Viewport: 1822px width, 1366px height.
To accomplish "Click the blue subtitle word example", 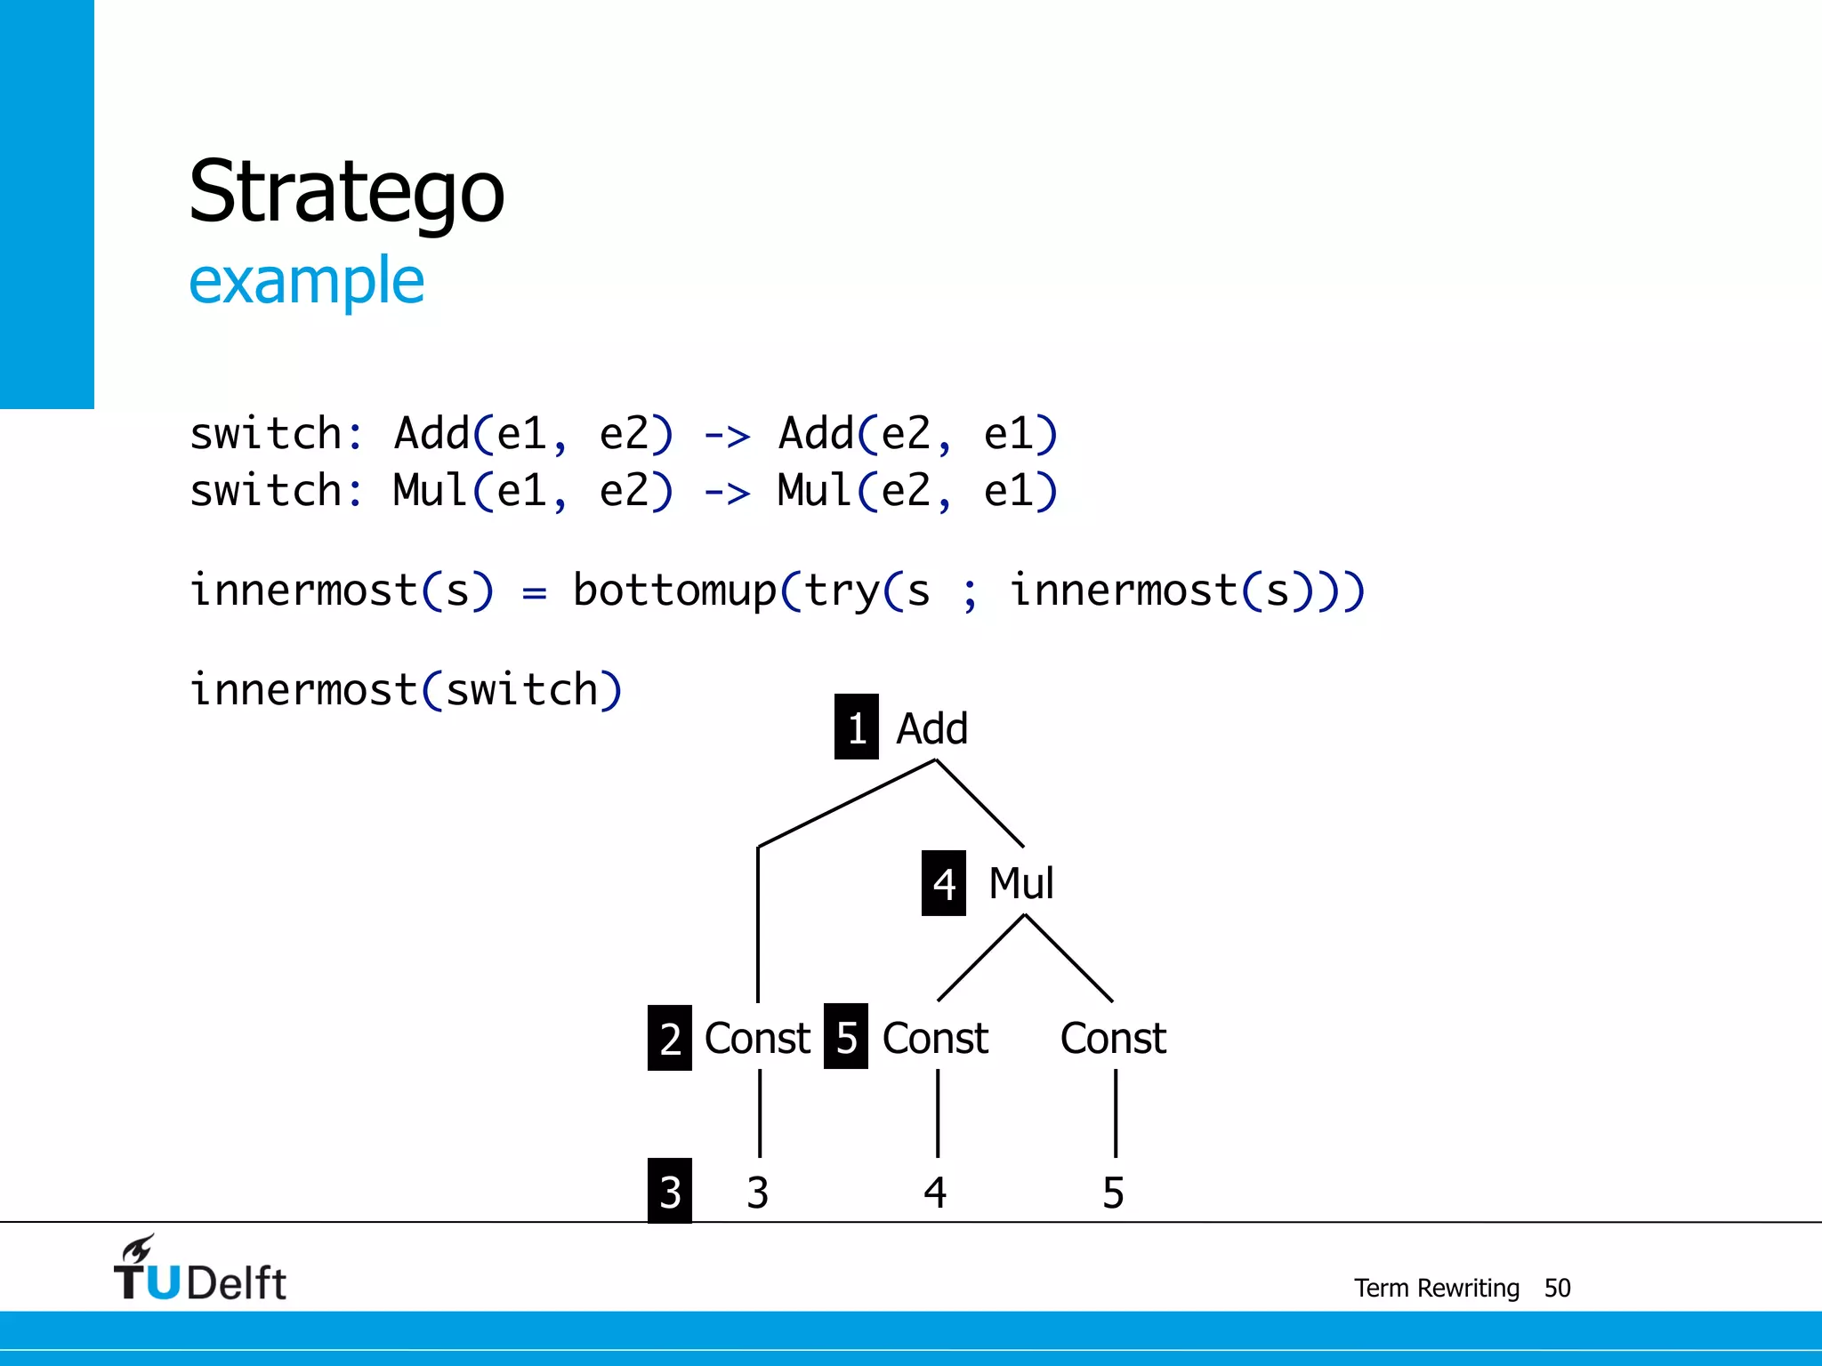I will [306, 281].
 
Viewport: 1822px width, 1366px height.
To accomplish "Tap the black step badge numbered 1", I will [856, 727].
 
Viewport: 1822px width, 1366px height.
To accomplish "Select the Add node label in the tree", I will [931, 729].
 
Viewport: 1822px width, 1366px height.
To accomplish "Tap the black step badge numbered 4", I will [944, 883].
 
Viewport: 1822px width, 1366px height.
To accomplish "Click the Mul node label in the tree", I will [1021, 884].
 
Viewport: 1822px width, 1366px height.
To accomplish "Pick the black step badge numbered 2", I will [670, 1038].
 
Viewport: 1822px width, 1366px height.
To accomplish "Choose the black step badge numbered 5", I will [846, 1037].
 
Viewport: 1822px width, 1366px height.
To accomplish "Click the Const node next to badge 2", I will [757, 1038].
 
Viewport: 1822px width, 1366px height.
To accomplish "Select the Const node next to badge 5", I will [935, 1038].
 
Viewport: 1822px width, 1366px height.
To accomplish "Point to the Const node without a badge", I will [1113, 1038].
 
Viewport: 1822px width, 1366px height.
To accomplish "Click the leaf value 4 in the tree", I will [935, 1193].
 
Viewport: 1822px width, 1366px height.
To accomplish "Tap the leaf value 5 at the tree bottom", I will [1113, 1193].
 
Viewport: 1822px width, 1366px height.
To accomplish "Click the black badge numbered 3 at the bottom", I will [670, 1191].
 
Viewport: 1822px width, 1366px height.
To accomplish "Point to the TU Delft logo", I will [199, 1270].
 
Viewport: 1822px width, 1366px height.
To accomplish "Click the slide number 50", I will [1557, 1288].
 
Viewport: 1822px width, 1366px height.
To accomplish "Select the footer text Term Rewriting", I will [1436, 1288].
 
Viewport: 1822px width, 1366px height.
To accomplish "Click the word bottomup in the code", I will [674, 591].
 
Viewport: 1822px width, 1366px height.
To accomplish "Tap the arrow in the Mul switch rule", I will [726, 492].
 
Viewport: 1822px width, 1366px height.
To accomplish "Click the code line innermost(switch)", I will [406, 690].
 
